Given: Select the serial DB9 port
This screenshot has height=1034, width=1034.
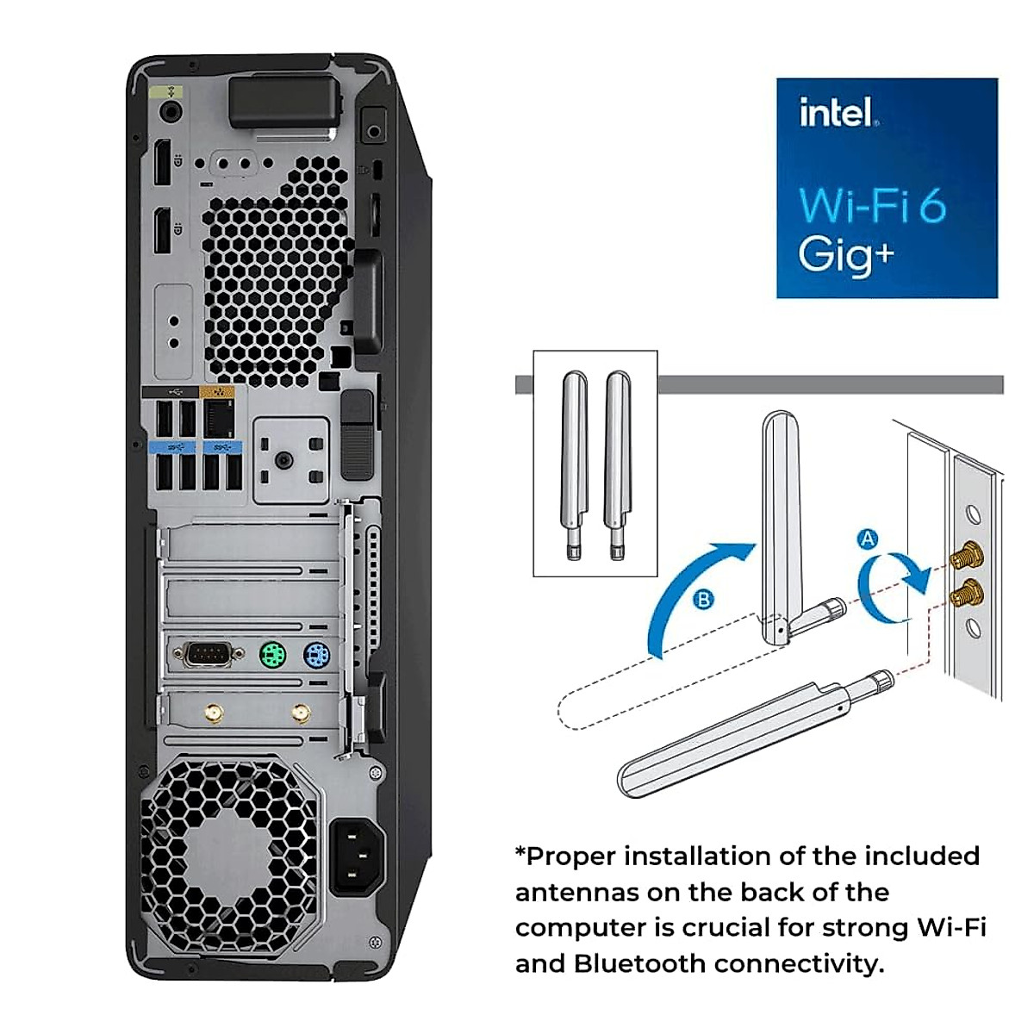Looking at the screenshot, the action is click(x=208, y=656).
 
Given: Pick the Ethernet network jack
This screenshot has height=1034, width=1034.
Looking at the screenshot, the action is click(x=221, y=419).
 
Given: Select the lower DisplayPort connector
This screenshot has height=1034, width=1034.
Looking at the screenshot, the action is click(x=161, y=232).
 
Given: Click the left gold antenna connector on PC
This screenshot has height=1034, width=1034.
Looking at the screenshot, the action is click(x=212, y=713).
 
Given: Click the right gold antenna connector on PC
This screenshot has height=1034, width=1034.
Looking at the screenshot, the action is click(x=301, y=713).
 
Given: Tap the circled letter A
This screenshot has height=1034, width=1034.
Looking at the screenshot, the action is click(x=868, y=539).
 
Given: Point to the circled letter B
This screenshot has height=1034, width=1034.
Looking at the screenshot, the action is click(x=703, y=599).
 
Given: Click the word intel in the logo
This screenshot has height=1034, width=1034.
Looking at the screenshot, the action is click(x=836, y=113).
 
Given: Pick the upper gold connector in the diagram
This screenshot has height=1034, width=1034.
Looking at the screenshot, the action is click(x=967, y=557).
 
